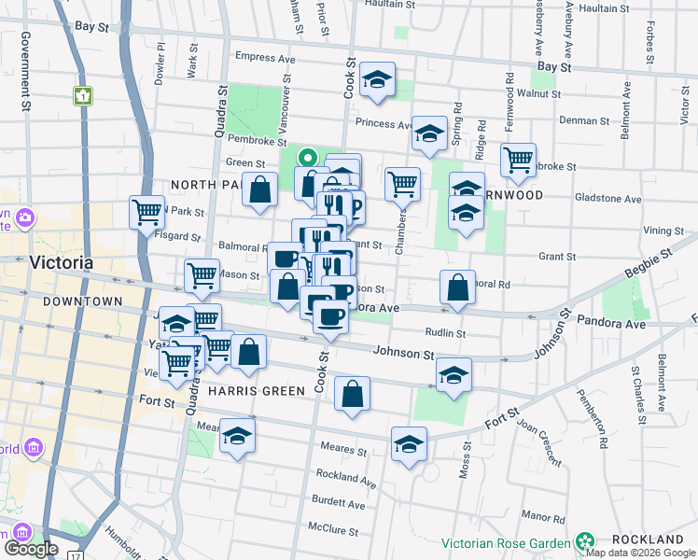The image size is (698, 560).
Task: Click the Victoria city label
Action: (62, 262)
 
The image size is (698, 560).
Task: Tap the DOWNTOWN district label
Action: (82, 301)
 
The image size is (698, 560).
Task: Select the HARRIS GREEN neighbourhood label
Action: (257, 390)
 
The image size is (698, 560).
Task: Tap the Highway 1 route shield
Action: (84, 94)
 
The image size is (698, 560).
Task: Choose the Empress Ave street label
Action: (265, 58)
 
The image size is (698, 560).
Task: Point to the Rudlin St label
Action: (446, 332)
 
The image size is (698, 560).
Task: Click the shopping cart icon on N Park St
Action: (147, 212)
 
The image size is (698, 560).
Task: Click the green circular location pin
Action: (307, 159)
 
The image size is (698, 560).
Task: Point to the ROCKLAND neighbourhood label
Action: (648, 540)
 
